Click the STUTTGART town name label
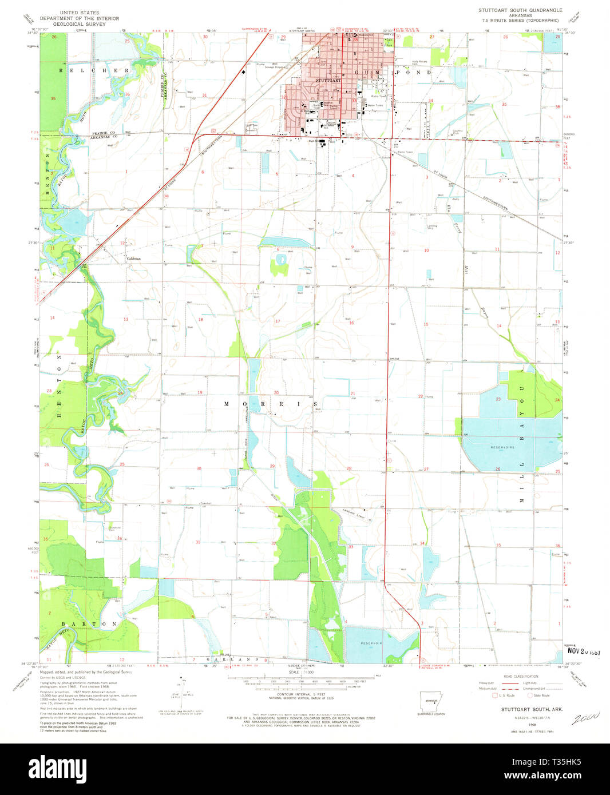[x=328, y=81]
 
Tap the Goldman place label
[x=133, y=259]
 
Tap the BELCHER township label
[x=94, y=71]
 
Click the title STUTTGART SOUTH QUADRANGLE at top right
[x=520, y=10]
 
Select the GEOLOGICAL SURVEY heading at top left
[x=80, y=25]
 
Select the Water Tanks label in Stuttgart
[x=375, y=105]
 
